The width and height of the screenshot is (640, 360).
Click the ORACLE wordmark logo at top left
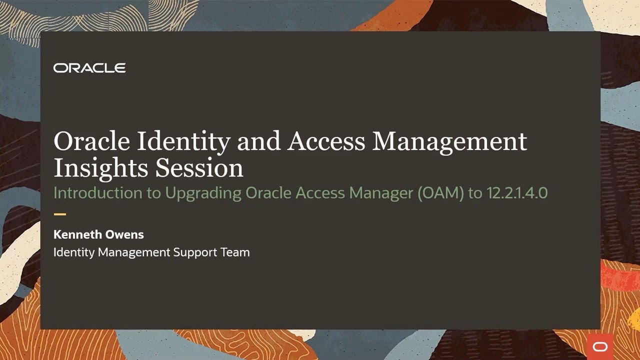coord(89,68)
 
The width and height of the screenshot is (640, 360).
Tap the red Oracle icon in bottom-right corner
coord(599,346)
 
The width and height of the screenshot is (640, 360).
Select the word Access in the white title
coord(325,141)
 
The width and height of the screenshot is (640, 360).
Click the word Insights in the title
coord(100,168)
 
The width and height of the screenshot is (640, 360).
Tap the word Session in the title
coord(199,168)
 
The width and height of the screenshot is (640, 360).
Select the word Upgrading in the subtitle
coord(203,193)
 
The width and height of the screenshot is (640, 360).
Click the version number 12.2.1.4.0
coord(517,193)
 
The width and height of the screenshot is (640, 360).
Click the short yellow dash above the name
coord(59,214)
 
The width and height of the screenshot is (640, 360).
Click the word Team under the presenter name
coord(235,252)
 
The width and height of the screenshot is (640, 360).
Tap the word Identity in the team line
coord(74,252)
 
